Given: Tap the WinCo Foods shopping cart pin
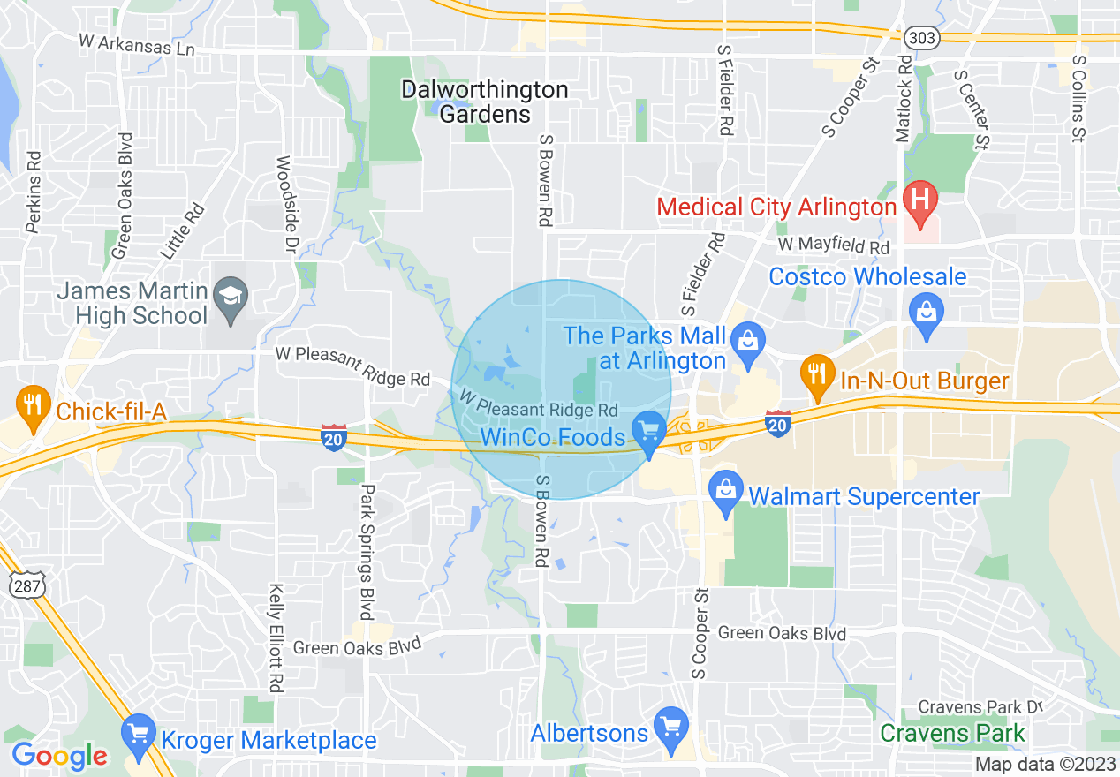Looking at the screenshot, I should pyautogui.click(x=650, y=433).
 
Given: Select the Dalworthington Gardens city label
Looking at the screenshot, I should pyautogui.click(x=485, y=102).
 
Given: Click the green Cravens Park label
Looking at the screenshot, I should pyautogui.click(x=952, y=733).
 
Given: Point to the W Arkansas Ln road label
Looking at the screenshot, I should pyautogui.click(x=136, y=44).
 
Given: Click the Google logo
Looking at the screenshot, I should pyautogui.click(x=59, y=756).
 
